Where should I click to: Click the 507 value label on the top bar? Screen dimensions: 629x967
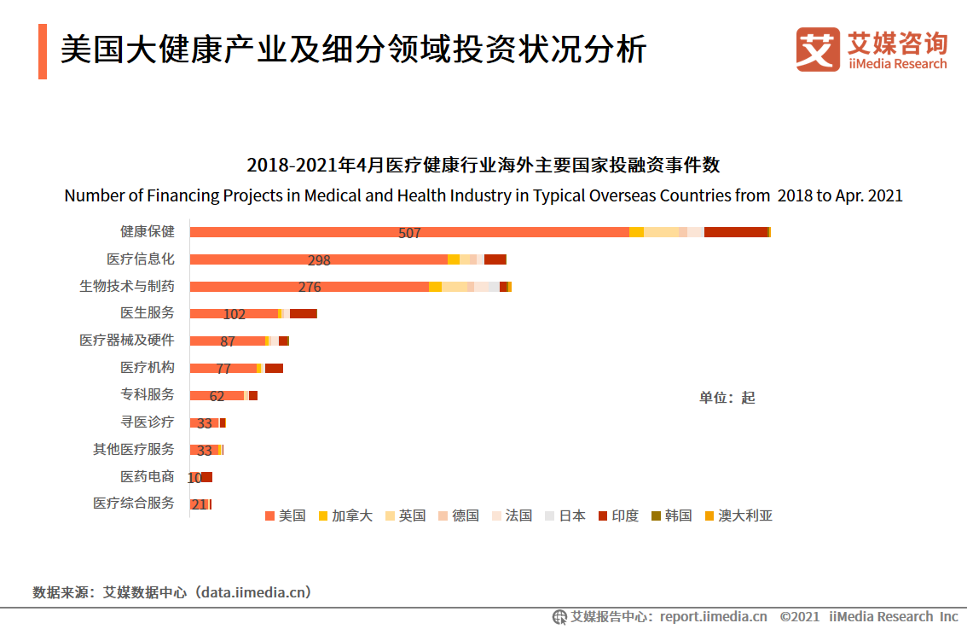(409, 233)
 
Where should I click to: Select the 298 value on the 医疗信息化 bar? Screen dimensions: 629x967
(319, 260)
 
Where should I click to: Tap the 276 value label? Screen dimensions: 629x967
(310, 288)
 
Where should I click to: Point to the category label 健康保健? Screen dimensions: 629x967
(147, 232)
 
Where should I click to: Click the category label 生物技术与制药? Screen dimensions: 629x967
(126, 287)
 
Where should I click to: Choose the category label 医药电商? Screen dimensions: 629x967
(147, 476)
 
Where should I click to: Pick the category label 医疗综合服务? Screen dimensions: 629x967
(133, 504)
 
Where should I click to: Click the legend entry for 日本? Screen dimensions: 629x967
(565, 515)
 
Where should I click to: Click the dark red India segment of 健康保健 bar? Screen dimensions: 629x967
(736, 232)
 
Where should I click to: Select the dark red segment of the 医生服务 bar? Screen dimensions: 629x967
(303, 314)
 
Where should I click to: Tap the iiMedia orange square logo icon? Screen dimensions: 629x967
(818, 50)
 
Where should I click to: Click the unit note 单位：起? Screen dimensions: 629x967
(727, 398)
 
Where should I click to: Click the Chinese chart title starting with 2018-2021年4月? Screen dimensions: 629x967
(483, 165)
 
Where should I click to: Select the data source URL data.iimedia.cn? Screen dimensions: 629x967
(253, 591)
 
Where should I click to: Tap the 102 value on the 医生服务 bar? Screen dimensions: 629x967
(235, 314)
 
